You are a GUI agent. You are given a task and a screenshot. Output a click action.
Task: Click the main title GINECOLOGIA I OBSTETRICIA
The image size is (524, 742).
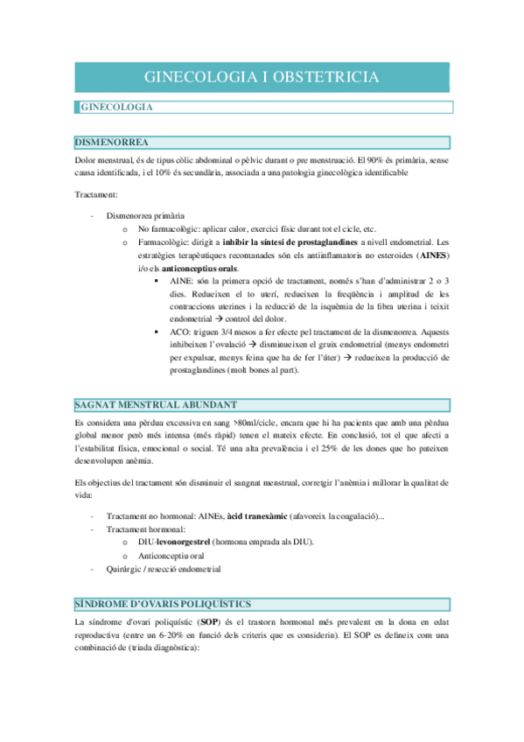coord(261,77)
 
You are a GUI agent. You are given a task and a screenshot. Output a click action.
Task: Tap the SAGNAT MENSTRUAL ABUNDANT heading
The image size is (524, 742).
coord(156,403)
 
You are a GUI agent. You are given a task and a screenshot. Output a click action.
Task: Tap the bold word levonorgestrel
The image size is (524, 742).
coord(176,542)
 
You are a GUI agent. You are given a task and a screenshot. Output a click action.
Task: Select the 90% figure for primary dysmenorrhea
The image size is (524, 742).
coord(374,160)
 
